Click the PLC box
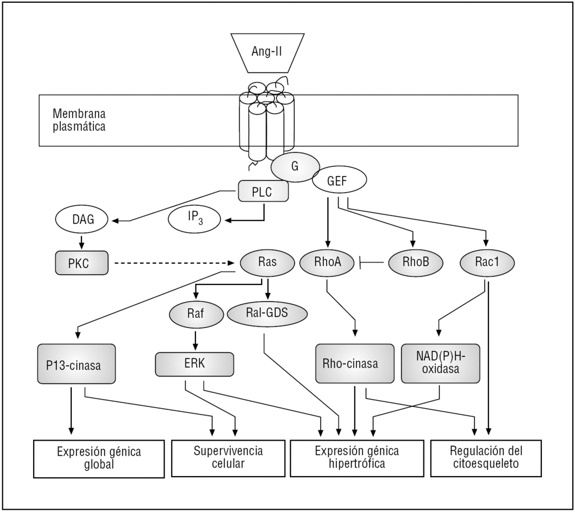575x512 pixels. (x=263, y=191)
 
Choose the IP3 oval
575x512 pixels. (x=194, y=219)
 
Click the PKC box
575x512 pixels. (x=81, y=263)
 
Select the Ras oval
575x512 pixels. (x=267, y=262)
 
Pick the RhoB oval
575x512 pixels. (x=415, y=262)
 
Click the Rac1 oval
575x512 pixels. (x=486, y=262)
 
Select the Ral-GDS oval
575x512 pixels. (x=267, y=314)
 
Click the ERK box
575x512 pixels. (x=194, y=364)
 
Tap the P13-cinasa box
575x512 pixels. (x=77, y=364)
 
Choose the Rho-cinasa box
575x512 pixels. (x=354, y=364)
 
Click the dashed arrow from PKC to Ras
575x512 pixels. (x=174, y=262)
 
